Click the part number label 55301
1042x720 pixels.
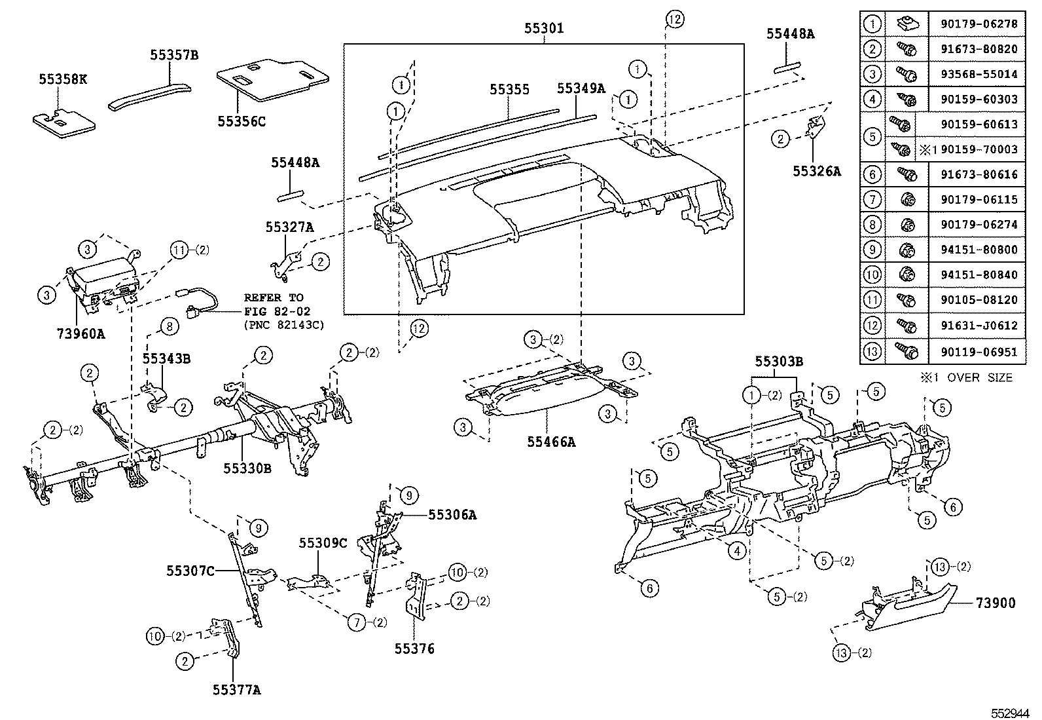click(x=543, y=29)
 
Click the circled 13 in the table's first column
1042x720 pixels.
click(x=872, y=352)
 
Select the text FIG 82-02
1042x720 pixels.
click(x=277, y=311)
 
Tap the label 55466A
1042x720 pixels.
click(x=551, y=442)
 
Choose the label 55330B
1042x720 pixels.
click(x=247, y=468)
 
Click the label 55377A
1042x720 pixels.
click(x=236, y=689)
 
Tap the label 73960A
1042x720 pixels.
click(x=81, y=333)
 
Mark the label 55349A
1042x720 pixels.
click(x=581, y=88)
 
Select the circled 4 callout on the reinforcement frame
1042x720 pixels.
click(x=737, y=551)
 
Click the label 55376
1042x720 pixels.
click(x=414, y=649)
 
